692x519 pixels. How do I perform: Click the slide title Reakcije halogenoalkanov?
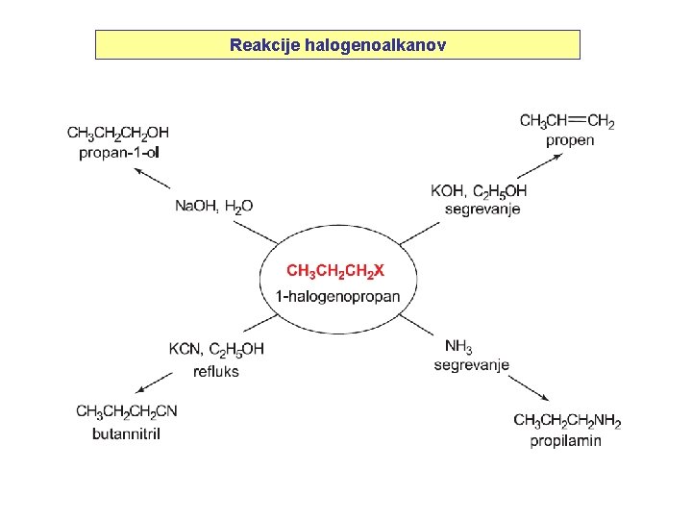tap(337, 45)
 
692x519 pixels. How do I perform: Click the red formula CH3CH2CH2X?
tap(335, 272)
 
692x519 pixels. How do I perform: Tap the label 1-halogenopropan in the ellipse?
tap(337, 296)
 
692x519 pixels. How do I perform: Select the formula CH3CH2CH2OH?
tap(118, 132)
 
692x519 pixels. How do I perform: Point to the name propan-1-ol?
tap(118, 151)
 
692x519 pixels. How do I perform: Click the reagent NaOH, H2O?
tap(213, 206)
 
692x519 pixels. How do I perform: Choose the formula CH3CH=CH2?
tap(567, 121)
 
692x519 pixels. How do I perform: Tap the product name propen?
tap(570, 140)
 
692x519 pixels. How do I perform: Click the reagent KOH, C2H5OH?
tap(479, 190)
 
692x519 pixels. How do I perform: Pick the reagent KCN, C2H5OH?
tap(216, 348)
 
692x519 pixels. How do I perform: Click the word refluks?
tap(216, 370)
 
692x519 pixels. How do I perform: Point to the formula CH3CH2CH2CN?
tap(127, 412)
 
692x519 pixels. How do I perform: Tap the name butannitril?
tap(126, 433)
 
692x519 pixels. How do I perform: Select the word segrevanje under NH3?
tap(471, 365)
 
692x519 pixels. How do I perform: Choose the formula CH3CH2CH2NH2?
tap(567, 421)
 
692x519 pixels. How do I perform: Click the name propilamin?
tap(566, 441)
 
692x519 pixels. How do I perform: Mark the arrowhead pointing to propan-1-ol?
tap(138, 171)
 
